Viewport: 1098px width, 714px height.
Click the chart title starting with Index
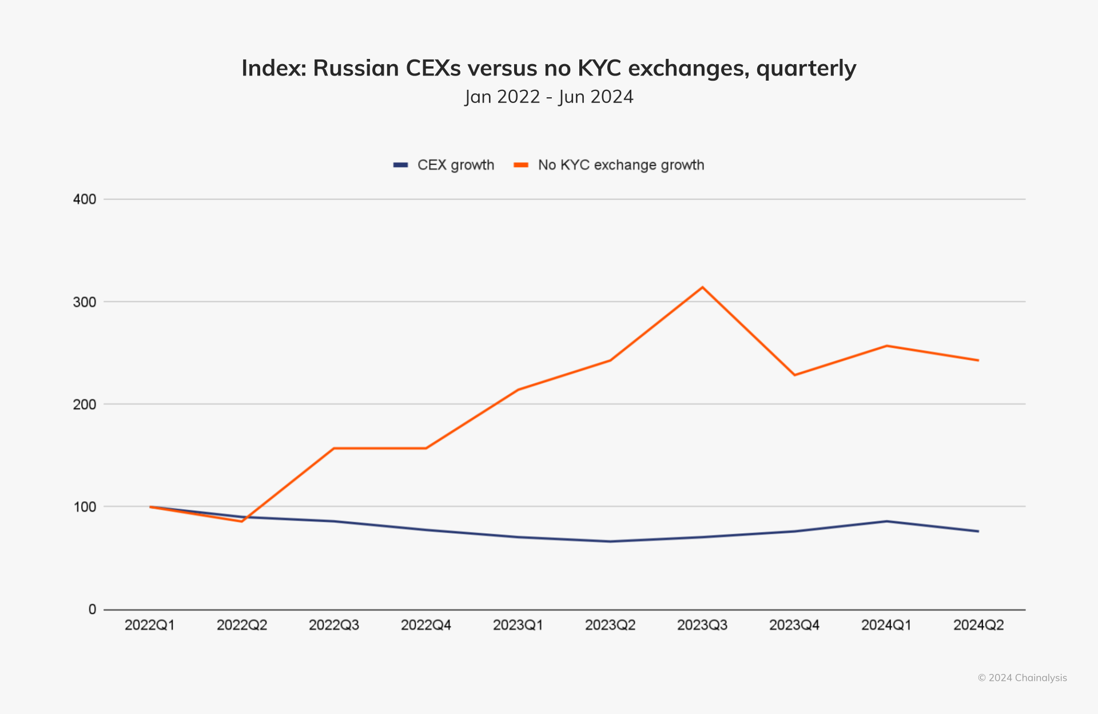pos(548,68)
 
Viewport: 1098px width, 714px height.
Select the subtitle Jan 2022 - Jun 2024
pos(548,97)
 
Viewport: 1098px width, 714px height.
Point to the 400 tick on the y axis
pos(85,199)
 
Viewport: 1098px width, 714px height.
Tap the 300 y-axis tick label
pos(85,302)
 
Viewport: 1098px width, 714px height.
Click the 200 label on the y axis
pos(85,404)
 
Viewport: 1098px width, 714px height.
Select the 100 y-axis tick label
pos(85,507)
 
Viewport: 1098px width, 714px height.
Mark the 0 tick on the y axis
pos(92,609)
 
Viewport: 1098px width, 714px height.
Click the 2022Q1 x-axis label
pos(150,625)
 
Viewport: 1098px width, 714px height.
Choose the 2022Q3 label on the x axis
pos(334,625)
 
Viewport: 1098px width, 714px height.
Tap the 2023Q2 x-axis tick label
pos(610,625)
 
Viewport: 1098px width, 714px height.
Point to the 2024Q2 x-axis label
pos(978,625)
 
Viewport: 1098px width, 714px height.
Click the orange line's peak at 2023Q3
pos(702,287)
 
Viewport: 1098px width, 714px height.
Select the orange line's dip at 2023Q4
pos(794,375)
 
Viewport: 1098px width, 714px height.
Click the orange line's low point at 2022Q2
pos(242,521)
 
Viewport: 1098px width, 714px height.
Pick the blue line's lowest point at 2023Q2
pos(610,541)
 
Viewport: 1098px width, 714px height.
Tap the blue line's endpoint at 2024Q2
pos(978,531)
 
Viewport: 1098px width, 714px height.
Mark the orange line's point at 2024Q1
pos(886,346)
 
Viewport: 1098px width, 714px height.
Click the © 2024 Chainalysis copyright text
pos(1022,678)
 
